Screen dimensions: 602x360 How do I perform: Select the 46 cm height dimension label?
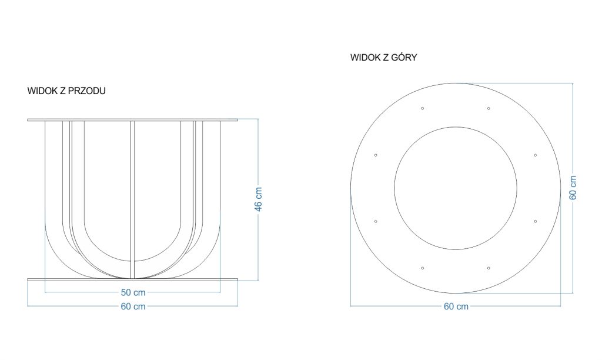[x=259, y=199]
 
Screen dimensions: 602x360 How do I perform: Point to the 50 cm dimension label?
[x=133, y=292]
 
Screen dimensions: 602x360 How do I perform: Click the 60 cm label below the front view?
[x=133, y=306]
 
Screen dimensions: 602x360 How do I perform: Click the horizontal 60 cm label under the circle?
[x=456, y=306]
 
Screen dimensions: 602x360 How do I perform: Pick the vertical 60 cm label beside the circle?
[x=573, y=188]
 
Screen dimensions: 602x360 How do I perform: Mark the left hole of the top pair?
[x=422, y=108]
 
